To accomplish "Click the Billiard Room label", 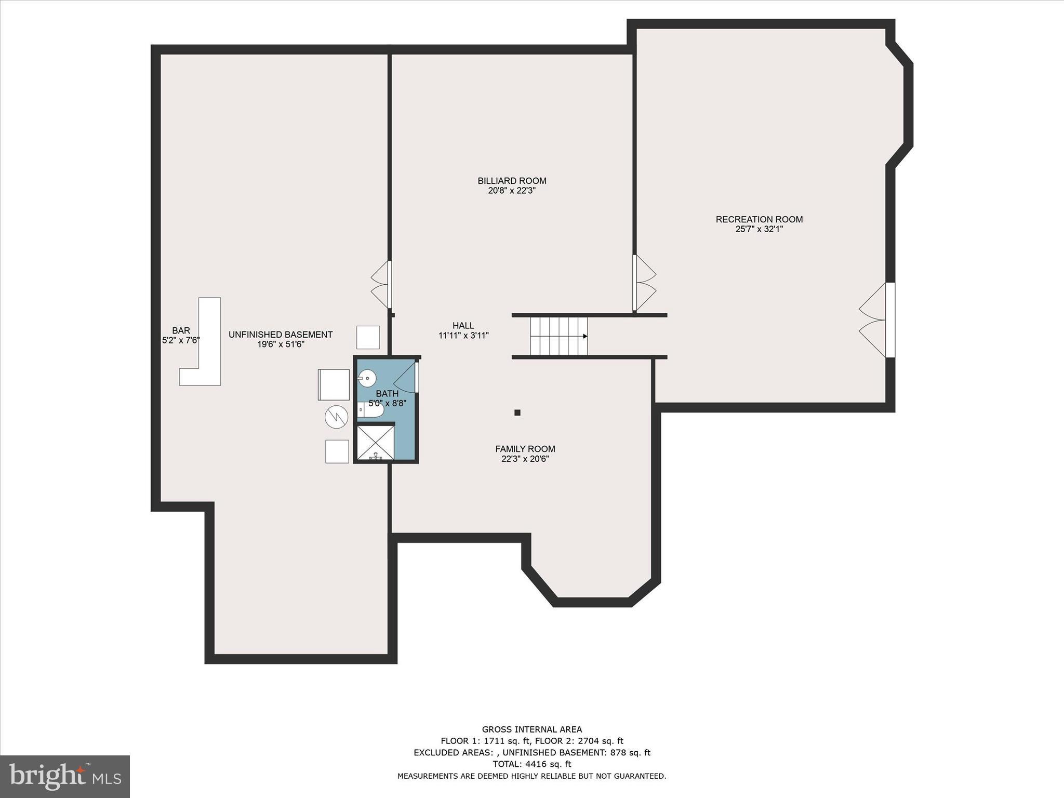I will (512, 181).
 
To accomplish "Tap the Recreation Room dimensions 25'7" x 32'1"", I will (759, 229).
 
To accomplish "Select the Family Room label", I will (525, 449).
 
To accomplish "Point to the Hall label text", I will (463, 326).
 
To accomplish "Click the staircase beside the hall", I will (558, 336).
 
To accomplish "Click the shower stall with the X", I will (375, 442).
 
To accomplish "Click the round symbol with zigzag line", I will (336, 416).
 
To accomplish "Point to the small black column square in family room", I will (517, 413).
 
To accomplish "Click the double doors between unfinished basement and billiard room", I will (381, 285).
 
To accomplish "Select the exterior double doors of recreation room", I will (876, 320).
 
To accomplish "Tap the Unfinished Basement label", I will (281, 335).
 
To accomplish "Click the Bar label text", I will (181, 330).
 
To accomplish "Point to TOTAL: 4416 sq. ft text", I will (531, 764).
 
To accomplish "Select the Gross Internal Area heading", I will (531, 729).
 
